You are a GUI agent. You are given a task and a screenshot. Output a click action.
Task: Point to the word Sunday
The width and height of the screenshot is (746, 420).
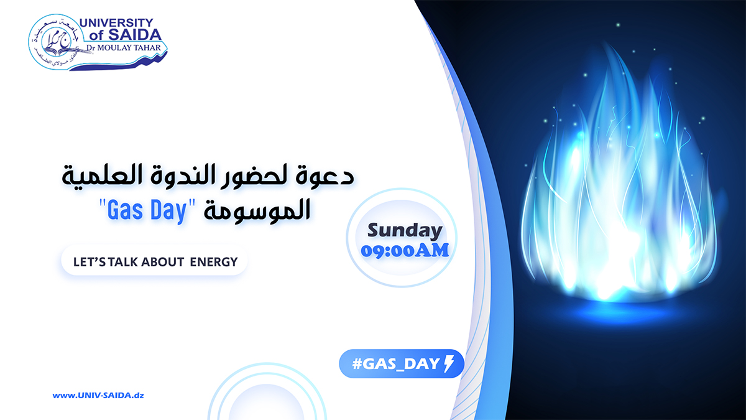tap(404, 231)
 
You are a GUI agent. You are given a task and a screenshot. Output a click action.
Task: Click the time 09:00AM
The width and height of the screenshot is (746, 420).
tap(404, 250)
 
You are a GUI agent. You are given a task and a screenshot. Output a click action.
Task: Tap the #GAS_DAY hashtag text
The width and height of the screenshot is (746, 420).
tap(396, 363)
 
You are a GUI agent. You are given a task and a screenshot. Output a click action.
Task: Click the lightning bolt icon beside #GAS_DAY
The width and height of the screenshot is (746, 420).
tap(449, 363)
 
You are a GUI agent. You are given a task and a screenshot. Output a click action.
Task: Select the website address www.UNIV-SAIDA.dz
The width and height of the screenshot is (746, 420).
tap(98, 395)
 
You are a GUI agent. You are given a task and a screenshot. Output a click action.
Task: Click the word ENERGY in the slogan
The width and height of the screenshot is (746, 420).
tap(214, 262)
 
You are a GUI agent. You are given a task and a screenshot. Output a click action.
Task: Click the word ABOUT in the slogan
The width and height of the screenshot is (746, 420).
tap(163, 262)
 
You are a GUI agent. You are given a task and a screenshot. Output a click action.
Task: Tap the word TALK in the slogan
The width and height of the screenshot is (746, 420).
tap(123, 262)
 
